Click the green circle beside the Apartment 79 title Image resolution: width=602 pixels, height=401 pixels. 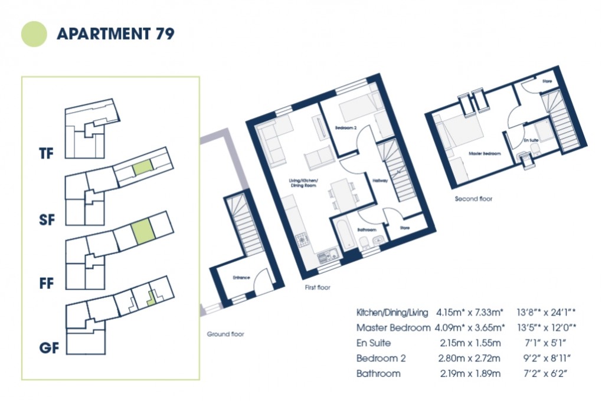34,34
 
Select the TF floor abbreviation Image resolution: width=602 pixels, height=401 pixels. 46,155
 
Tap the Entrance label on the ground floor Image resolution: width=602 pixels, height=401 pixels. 241,277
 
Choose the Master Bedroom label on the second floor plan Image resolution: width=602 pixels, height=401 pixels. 485,153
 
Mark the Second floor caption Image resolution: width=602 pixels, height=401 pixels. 473,199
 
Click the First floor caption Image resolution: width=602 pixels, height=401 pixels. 316,288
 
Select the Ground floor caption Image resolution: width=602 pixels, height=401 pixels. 225,334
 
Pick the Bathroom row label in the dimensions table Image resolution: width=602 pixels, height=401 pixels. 378,373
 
